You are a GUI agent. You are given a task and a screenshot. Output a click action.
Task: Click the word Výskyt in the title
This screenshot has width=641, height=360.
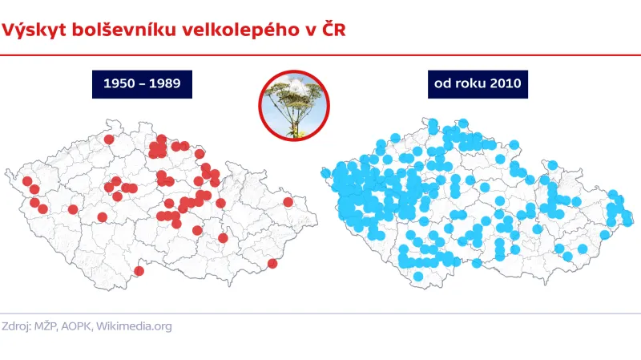click(x=31, y=30)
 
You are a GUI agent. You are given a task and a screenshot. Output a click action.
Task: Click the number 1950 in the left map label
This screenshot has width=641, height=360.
click(x=119, y=83)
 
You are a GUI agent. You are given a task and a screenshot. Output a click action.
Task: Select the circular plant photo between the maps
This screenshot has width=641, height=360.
click(x=294, y=105)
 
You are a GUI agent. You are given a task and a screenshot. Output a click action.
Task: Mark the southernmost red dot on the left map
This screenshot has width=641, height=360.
click(x=139, y=271)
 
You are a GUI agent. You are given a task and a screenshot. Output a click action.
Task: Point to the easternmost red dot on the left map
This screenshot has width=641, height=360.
click(x=288, y=202)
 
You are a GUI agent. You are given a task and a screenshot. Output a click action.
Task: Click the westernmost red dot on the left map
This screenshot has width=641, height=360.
click(x=27, y=181)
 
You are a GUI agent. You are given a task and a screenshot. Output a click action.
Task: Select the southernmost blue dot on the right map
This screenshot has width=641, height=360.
click(x=418, y=277)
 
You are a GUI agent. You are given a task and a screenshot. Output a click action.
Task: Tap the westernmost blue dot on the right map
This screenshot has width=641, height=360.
click(x=326, y=172)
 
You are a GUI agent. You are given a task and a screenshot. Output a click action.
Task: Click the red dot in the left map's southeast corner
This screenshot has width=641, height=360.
click(x=272, y=264)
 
